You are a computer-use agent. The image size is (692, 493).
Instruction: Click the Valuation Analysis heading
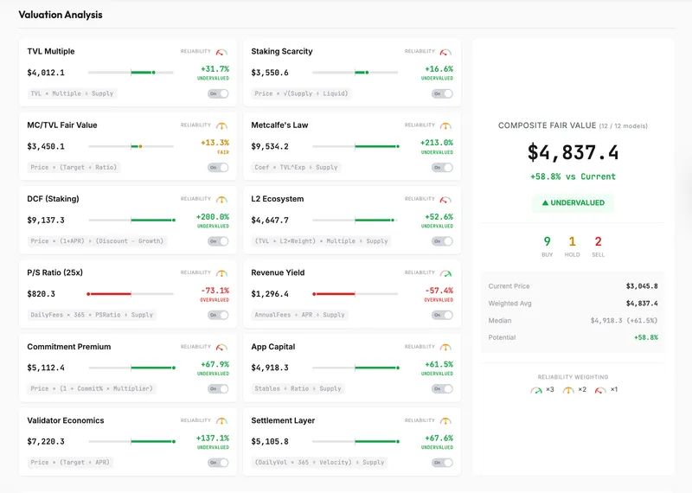[60, 15]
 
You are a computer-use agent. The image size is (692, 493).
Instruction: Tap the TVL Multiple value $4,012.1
[46, 73]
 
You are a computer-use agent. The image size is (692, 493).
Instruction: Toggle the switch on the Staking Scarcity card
[442, 93]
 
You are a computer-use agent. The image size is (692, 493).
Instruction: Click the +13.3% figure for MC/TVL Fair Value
[215, 143]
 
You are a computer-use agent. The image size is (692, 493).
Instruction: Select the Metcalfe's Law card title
[279, 125]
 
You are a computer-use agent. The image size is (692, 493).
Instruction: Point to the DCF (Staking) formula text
[97, 241]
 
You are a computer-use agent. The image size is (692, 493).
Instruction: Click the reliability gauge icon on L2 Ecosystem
[445, 200]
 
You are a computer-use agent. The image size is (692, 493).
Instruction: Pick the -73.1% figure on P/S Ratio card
[215, 291]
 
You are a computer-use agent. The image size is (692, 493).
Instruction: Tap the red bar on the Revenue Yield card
[334, 294]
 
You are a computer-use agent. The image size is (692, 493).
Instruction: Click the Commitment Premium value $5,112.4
[46, 368]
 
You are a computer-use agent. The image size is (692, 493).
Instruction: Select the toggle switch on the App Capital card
[442, 388]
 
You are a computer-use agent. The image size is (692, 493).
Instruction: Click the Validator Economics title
[66, 420]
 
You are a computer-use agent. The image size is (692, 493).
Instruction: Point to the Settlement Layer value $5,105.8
[270, 441]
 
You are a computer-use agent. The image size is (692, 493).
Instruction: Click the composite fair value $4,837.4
[573, 153]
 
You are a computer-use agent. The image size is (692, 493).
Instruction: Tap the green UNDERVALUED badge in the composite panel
[573, 202]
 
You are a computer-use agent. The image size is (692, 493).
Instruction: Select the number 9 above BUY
[547, 242]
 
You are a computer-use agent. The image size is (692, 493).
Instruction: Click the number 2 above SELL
[598, 242]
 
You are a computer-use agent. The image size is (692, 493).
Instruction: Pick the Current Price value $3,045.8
[641, 286]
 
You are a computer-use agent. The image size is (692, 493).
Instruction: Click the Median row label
[501, 320]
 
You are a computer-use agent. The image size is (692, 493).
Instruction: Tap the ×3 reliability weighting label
[548, 390]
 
